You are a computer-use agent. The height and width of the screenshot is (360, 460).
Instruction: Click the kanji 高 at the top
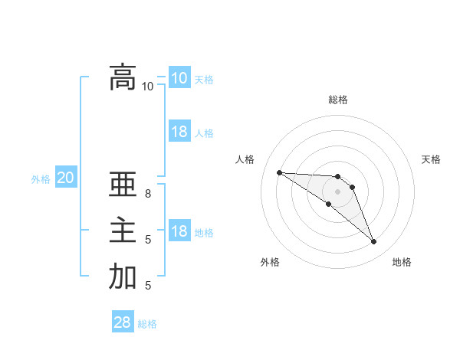[x=123, y=77]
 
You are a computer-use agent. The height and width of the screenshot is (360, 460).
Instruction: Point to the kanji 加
[x=123, y=277]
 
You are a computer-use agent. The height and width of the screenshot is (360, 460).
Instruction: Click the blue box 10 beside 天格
[x=179, y=77]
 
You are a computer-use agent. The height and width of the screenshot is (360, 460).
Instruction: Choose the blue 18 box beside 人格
[x=179, y=132]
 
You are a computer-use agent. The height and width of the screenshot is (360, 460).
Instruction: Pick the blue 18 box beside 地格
[x=179, y=231]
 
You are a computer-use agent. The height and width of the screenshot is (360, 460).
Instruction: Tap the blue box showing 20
[x=66, y=178]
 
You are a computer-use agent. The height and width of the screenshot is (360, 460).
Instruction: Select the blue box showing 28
[x=123, y=322]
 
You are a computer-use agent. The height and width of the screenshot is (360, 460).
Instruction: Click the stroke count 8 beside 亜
[x=148, y=194]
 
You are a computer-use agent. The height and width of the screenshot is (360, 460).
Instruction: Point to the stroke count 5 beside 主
[x=148, y=240]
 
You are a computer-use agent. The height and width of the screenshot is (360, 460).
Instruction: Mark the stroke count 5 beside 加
[x=148, y=286]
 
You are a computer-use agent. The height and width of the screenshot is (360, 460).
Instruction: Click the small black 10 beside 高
[x=148, y=86]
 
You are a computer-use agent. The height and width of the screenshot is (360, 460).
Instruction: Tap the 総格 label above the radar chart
[x=338, y=100]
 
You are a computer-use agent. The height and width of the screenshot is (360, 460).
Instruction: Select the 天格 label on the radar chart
[x=431, y=159]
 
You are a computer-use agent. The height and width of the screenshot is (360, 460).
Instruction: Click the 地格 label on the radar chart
[x=402, y=262]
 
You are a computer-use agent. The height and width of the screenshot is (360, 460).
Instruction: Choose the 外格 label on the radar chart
[x=269, y=262]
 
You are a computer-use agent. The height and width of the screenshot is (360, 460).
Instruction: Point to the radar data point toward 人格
[x=279, y=172]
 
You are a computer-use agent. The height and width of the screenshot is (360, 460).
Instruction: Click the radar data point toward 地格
[x=374, y=242]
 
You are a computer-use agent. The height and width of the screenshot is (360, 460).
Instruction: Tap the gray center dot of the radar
[x=338, y=191]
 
